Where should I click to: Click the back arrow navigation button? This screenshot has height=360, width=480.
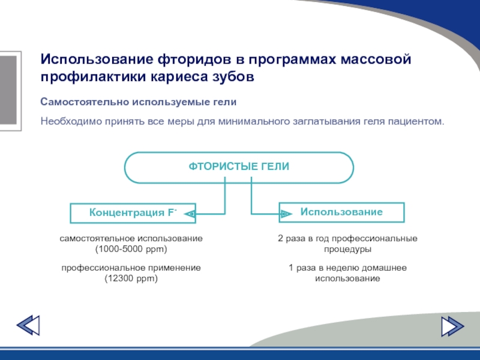click(x=28, y=326)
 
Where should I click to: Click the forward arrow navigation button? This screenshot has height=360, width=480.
click(x=452, y=326)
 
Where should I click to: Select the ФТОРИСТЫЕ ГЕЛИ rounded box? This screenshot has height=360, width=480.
click(x=239, y=167)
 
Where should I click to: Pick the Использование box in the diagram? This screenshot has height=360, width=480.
click(x=341, y=212)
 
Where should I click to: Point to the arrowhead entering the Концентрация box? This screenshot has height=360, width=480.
click(x=190, y=213)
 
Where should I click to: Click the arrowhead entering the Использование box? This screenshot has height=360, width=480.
click(x=286, y=213)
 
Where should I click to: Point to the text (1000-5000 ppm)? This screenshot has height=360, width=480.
click(x=131, y=248)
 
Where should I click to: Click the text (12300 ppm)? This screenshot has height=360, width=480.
click(x=131, y=278)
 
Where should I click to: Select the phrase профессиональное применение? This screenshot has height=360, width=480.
click(x=131, y=268)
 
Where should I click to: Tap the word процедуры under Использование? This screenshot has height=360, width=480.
click(x=347, y=248)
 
